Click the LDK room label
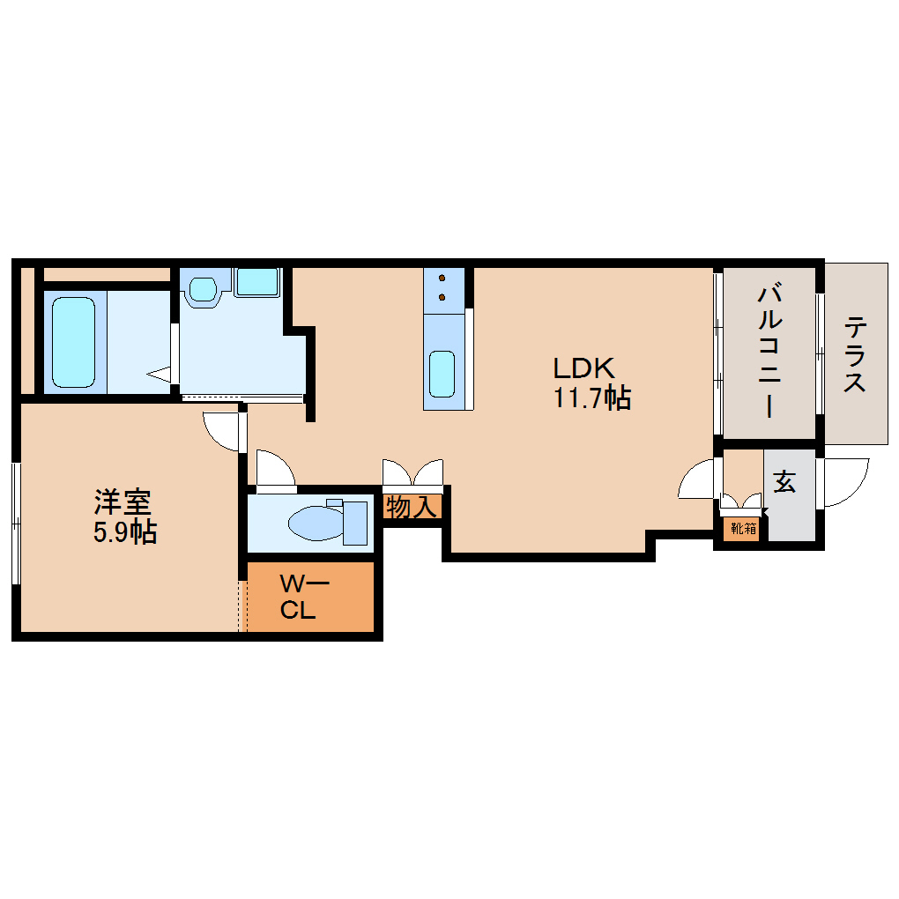583,368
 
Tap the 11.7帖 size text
592,397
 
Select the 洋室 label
123,502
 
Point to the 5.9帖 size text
125,532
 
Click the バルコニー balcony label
769,350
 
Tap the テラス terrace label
854,354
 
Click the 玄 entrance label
784,481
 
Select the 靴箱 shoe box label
744,528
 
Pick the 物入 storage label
411,507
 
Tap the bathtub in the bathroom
73,342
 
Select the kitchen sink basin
442,374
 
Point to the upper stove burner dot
442,278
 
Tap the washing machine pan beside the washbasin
257,282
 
